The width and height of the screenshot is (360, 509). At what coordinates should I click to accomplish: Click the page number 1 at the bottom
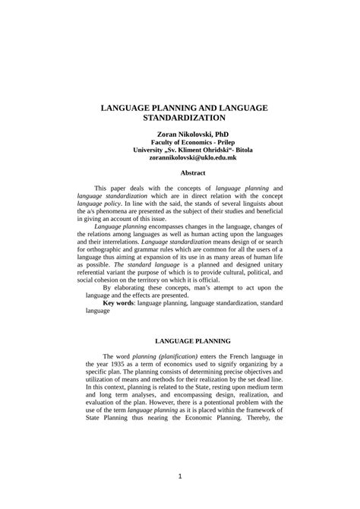180,476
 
